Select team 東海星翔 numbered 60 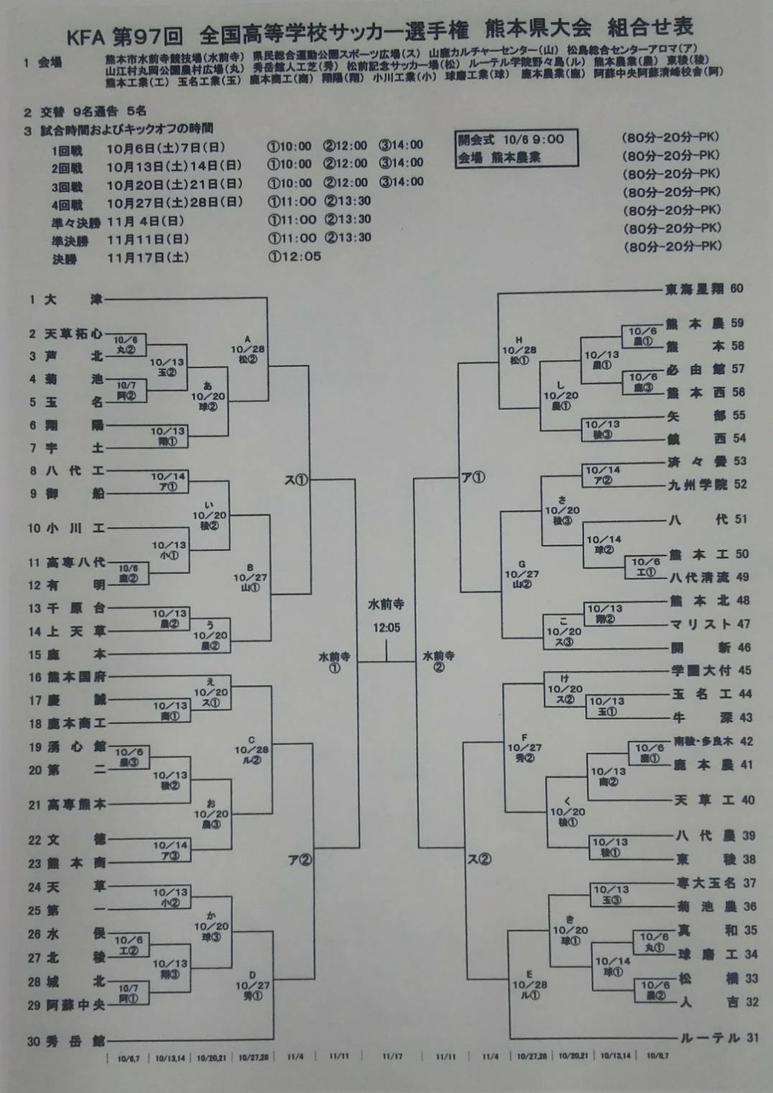point(695,289)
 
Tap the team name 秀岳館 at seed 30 point(76,1041)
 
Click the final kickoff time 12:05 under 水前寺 point(386,628)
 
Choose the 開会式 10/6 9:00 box point(517,148)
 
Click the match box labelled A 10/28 point(248,349)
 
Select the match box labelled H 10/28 point(519,350)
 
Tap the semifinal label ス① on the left point(295,480)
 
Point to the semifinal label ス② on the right point(479,859)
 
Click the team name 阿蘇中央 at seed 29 point(76,1005)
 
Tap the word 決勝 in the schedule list point(64,259)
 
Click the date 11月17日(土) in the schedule point(148,257)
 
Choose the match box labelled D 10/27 point(252,986)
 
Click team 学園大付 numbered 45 point(702,670)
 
